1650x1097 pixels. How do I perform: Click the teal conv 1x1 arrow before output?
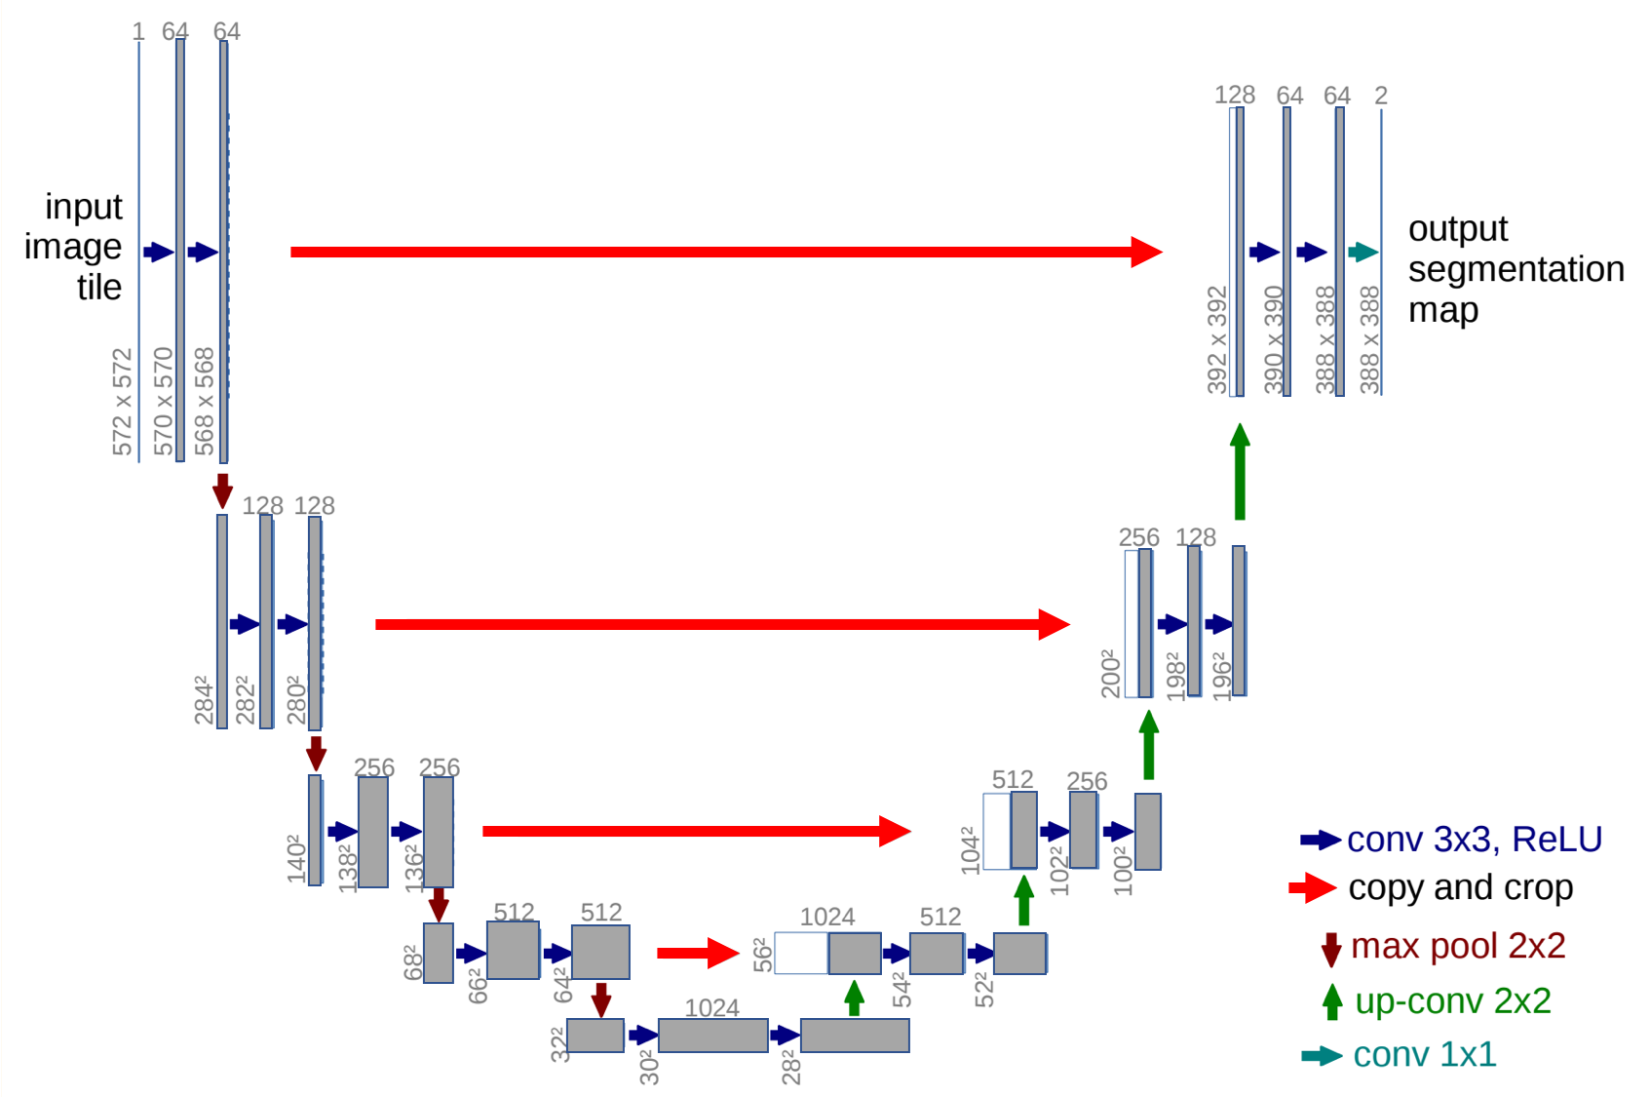coord(1362,253)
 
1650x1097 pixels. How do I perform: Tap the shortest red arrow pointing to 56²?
coord(697,953)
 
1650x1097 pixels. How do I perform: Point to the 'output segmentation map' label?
coord(1515,269)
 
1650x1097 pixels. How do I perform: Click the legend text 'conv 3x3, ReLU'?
coord(1474,839)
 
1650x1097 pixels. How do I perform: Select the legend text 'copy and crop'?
coord(1460,887)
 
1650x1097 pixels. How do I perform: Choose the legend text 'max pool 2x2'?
coord(1457,946)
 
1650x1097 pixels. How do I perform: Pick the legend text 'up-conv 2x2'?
coord(1452,1000)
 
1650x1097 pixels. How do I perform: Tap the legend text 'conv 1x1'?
coord(1424,1054)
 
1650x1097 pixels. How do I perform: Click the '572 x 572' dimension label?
coord(122,402)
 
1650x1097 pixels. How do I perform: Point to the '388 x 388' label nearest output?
coord(1369,339)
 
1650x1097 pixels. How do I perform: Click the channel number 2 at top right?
coord(1380,96)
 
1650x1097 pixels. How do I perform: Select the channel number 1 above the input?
coord(138,32)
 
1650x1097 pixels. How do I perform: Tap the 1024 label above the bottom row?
coord(711,1008)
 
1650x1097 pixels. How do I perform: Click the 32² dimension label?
coord(557,1043)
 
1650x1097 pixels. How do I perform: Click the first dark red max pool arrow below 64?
coord(222,490)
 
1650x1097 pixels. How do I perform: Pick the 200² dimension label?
coord(1110,673)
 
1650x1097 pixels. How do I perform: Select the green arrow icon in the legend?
coord(1331,1001)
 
